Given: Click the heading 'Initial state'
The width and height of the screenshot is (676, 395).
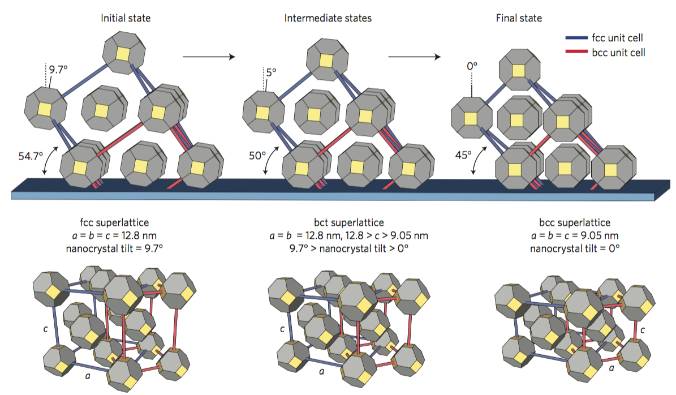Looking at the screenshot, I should coord(126,18).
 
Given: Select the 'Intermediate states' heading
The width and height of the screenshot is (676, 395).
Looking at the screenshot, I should coord(328,18).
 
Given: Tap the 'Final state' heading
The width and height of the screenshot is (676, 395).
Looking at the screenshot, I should coord(518,18).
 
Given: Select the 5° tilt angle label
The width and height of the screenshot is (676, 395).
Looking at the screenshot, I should coord(272,72).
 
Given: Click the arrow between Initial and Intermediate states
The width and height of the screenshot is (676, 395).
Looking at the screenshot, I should coord(208,57).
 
